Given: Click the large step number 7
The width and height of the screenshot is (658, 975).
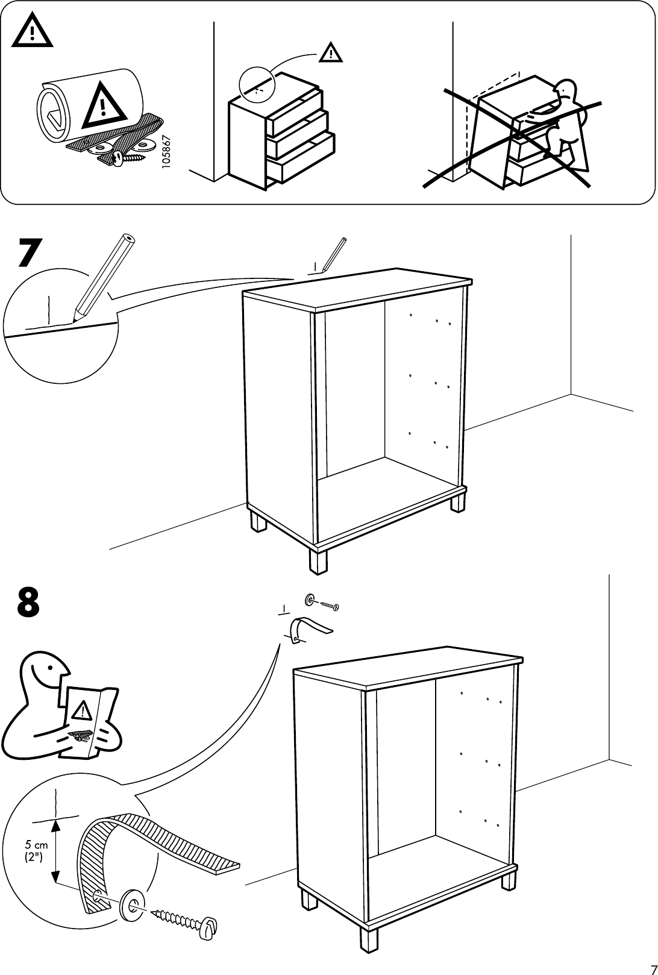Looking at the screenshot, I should click(30, 253).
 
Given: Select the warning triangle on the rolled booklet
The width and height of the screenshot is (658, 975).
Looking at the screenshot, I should click(104, 107).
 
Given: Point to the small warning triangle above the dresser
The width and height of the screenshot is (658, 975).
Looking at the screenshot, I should click(330, 53).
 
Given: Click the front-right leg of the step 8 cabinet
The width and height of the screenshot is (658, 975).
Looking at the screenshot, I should click(369, 955).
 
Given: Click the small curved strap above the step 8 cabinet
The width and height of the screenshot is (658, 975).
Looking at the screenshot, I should click(307, 629).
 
